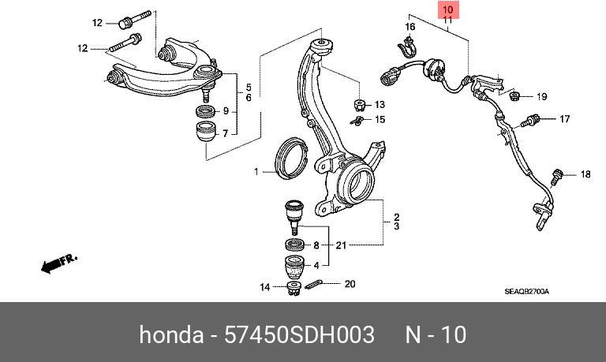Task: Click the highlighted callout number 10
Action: [447, 10]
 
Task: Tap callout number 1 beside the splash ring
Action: [256, 171]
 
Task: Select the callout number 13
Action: [379, 105]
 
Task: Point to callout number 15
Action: [380, 120]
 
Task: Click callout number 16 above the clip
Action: [410, 28]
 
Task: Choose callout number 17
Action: [564, 120]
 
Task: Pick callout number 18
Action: [585, 174]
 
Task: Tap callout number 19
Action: [542, 97]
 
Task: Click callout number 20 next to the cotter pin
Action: [350, 283]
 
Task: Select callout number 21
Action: [340, 245]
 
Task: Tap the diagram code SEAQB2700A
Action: [526, 292]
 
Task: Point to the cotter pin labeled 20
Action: [312, 285]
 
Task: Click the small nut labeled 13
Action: [358, 105]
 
